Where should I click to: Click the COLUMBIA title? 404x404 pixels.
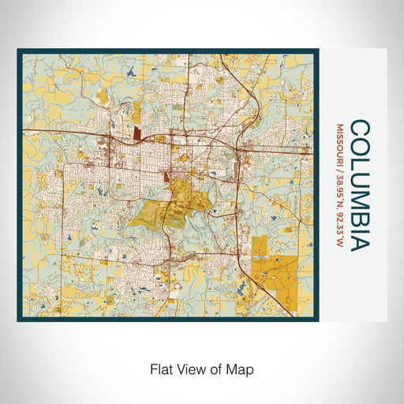359,185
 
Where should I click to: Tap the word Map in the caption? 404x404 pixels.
242,368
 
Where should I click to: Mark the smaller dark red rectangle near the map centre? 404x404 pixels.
167,178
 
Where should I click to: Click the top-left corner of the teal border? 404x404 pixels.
19,51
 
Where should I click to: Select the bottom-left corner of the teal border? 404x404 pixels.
19,320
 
